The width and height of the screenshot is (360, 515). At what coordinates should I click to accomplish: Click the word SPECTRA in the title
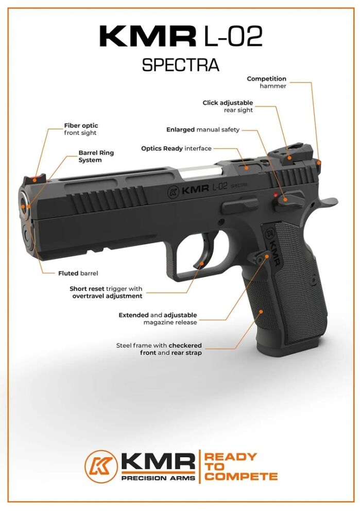(x=180, y=65)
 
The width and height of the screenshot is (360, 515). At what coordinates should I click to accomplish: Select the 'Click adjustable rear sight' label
(x=228, y=107)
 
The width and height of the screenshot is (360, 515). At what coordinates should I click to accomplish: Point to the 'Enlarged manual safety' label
(x=203, y=130)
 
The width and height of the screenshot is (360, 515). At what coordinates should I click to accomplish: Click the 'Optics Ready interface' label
(x=176, y=148)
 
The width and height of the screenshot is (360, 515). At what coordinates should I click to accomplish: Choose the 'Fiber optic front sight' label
(x=80, y=129)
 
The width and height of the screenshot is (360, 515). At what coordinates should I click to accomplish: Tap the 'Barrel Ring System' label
(x=96, y=157)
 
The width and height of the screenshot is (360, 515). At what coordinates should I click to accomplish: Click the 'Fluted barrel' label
(x=78, y=273)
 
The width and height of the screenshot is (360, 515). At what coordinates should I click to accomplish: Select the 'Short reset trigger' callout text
(x=106, y=293)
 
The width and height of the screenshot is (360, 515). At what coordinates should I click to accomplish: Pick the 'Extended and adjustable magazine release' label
(x=158, y=318)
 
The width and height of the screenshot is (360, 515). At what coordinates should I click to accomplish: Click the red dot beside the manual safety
(x=276, y=195)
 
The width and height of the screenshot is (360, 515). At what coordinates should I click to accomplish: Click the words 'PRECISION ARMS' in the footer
(x=158, y=478)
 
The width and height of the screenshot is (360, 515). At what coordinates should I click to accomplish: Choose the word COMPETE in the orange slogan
(x=241, y=476)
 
